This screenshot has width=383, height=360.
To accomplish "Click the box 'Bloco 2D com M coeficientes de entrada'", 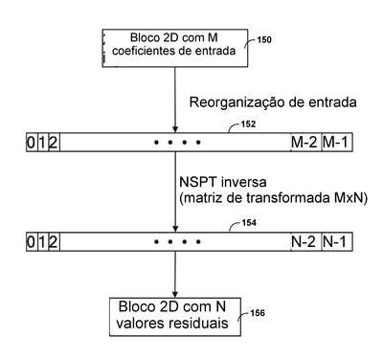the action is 175,48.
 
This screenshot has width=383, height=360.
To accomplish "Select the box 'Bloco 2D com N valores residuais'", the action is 175,317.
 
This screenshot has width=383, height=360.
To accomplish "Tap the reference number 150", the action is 264,40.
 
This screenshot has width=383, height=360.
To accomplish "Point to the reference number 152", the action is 248,124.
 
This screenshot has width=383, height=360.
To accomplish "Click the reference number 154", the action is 249,223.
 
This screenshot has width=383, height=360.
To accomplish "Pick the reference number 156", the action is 258,313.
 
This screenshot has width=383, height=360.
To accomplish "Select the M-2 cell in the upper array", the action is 305,142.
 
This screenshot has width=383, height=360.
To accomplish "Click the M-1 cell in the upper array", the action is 337,142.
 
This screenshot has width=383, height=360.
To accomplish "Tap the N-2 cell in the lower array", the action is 305,242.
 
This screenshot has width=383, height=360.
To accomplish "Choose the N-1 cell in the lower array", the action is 337,242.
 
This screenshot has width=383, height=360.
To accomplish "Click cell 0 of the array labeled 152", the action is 32,142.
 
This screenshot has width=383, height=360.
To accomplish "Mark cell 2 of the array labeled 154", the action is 54,242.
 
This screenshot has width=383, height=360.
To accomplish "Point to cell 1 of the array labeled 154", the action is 42,242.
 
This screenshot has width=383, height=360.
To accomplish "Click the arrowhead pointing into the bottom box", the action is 175,294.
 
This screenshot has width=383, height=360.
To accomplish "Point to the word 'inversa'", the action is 243,182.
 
